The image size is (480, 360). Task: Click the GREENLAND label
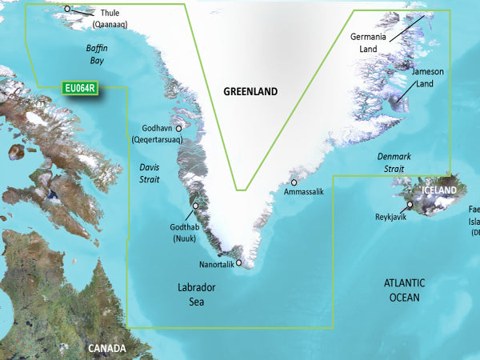coord(250,92)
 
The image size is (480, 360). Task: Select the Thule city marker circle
coord(67,10)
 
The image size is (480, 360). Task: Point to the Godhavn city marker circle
coord(178,127)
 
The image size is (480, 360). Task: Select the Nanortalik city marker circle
coord(238,262)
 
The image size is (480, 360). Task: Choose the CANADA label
coord(107,349)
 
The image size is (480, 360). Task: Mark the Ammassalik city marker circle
coord(294,182)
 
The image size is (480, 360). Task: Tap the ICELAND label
coord(435,190)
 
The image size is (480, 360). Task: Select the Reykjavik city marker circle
coord(409,206)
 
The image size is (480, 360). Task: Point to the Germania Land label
coord(370,43)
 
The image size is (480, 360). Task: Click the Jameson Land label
coord(427,77)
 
